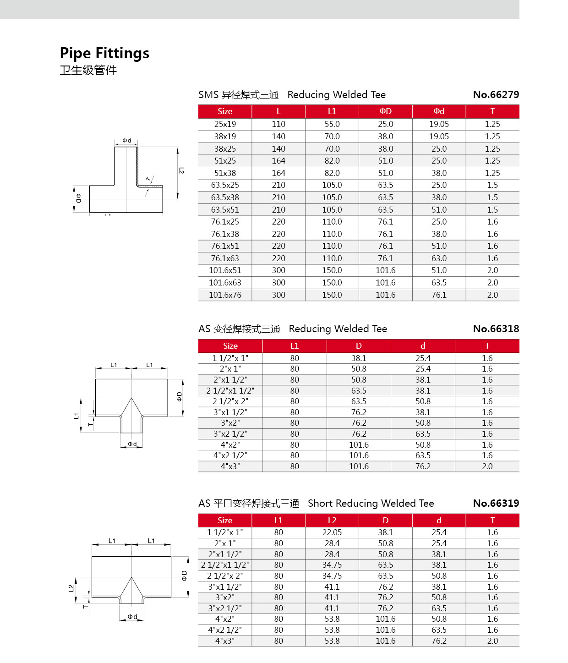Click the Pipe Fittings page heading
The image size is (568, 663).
click(x=104, y=53)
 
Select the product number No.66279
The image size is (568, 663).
click(x=496, y=95)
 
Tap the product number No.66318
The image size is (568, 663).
click(x=496, y=329)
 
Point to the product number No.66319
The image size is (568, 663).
click(x=496, y=504)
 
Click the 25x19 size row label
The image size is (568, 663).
click(x=225, y=124)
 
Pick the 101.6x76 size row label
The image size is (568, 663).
click(x=225, y=295)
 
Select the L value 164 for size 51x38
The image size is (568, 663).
click(x=279, y=173)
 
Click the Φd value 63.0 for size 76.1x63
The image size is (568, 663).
click(x=439, y=258)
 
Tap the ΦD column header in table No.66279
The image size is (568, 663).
click(x=386, y=111)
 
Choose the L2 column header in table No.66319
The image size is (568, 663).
click(x=332, y=521)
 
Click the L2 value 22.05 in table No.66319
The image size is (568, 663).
click(x=332, y=532)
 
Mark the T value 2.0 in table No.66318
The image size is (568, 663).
click(x=487, y=466)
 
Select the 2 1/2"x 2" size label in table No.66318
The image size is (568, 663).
click(x=230, y=401)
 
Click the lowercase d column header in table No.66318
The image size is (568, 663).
click(x=423, y=346)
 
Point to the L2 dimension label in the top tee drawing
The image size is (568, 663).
click(x=181, y=170)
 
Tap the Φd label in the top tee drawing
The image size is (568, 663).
click(x=127, y=141)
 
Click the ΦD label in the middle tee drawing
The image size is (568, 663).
click(x=180, y=397)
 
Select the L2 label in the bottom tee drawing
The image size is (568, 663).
click(x=71, y=588)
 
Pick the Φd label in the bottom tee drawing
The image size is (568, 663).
click(x=132, y=617)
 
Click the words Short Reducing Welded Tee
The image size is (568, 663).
click(x=371, y=504)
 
